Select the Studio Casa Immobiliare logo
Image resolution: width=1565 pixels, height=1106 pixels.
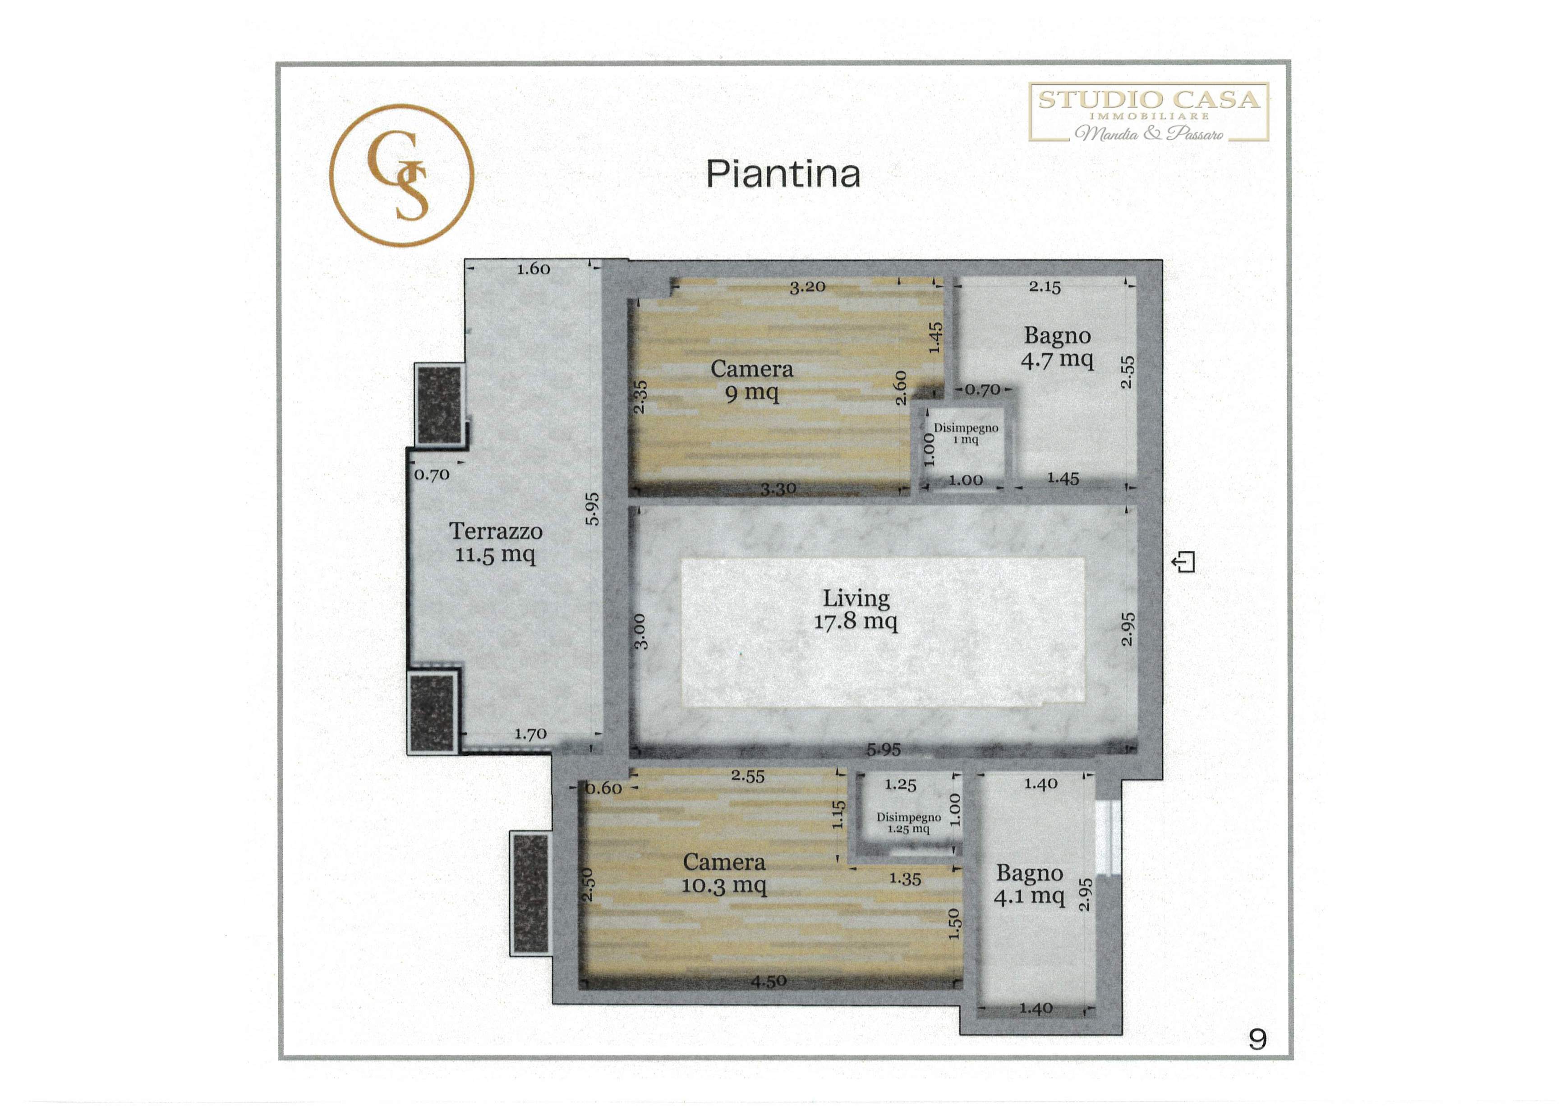[1149, 112]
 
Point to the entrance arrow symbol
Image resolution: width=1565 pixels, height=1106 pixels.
[1183, 562]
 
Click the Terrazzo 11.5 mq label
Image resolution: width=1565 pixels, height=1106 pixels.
[496, 542]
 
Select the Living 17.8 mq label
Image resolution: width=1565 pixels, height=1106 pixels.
[856, 609]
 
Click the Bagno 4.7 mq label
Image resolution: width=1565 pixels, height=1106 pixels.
[1057, 348]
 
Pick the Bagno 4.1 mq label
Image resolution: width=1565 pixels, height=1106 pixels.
[1029, 885]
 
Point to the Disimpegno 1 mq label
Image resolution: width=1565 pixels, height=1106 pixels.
[966, 433]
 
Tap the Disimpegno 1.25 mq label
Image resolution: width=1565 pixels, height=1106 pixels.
[909, 822]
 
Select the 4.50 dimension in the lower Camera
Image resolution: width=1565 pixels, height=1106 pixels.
[769, 981]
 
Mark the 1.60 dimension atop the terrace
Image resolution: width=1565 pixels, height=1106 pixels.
[533, 269]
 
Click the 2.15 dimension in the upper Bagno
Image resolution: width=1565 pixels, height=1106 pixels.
[1045, 287]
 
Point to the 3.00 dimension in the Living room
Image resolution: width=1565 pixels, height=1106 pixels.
[640, 632]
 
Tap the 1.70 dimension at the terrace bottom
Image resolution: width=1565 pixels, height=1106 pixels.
[530, 734]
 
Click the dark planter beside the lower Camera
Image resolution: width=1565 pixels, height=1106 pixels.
[531, 893]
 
